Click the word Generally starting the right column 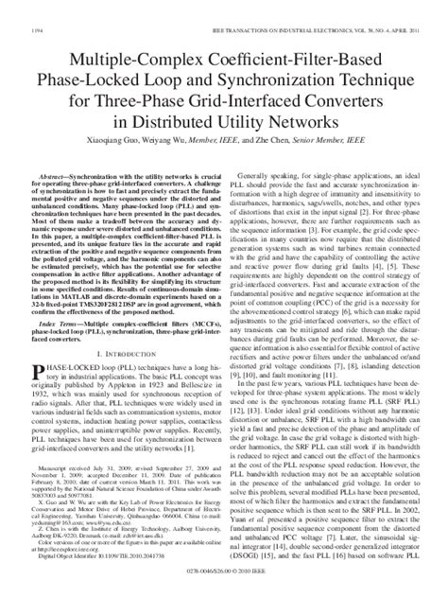point(260,149)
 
